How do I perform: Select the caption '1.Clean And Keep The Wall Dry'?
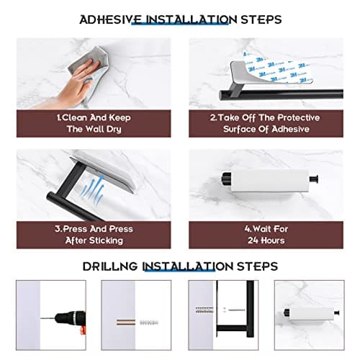click(x=94, y=123)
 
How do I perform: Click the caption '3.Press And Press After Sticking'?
click(x=94, y=234)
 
